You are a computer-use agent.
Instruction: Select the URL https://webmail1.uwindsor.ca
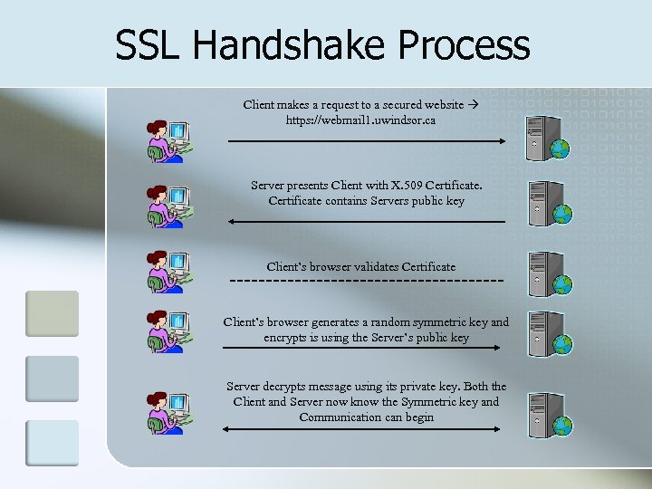(x=360, y=120)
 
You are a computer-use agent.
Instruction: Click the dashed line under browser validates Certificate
(x=367, y=282)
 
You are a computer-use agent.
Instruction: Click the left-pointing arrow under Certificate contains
(x=367, y=221)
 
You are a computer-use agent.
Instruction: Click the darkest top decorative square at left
(x=53, y=313)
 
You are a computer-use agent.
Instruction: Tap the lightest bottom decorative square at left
(x=53, y=443)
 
